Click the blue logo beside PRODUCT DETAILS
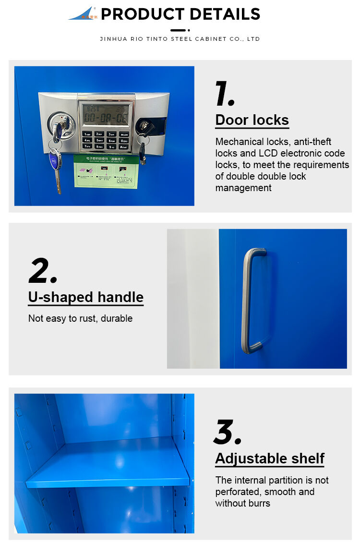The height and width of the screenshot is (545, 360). click(x=83, y=13)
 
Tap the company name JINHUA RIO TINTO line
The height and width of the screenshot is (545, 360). click(x=180, y=39)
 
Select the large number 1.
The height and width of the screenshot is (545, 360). click(x=225, y=94)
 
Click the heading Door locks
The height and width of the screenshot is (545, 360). click(x=252, y=120)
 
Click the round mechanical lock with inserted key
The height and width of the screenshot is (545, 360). click(x=61, y=125)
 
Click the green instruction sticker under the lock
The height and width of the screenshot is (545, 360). click(x=106, y=171)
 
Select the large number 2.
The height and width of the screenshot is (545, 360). click(x=43, y=271)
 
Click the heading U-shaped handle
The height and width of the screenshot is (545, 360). click(x=85, y=297)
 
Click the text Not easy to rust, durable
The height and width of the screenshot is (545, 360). click(x=80, y=318)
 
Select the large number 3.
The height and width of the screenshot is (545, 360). click(x=227, y=432)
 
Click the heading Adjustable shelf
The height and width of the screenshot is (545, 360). click(x=270, y=459)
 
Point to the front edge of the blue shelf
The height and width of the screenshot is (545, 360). click(x=108, y=481)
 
